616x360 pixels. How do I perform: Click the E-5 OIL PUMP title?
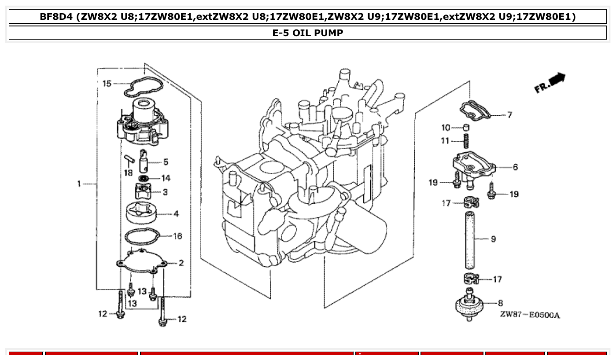click(308, 33)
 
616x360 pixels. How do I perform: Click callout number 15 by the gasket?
click(107, 83)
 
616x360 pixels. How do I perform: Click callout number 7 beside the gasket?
click(509, 115)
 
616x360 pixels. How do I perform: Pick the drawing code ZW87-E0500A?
click(530, 315)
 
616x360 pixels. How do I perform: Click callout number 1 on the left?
click(79, 184)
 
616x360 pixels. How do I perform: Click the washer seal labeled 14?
click(143, 178)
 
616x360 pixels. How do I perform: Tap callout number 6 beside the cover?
click(515, 167)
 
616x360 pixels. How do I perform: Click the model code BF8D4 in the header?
click(56, 17)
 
